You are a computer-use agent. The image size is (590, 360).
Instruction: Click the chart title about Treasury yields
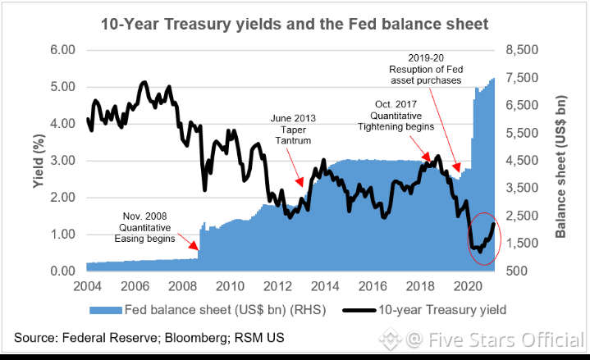click(294, 25)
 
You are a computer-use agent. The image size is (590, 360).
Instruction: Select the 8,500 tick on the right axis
click(523, 50)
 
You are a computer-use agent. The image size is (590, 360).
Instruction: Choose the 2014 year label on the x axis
click(326, 286)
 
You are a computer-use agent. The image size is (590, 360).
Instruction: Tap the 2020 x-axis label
click(469, 286)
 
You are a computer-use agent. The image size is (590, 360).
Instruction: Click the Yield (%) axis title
click(38, 160)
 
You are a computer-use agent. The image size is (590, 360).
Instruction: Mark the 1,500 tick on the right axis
click(523, 244)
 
